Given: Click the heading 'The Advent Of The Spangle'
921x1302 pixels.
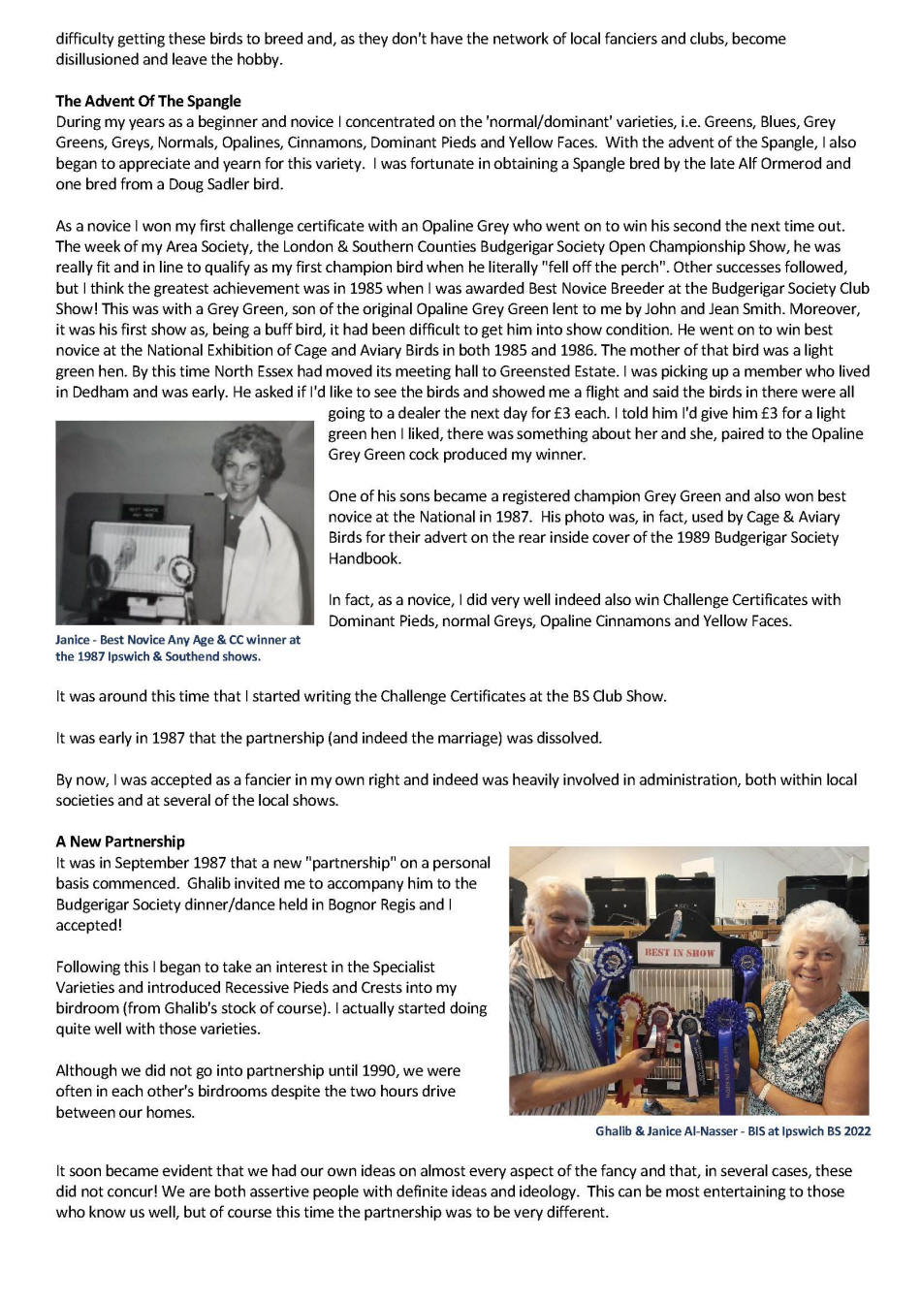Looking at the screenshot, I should (x=148, y=101).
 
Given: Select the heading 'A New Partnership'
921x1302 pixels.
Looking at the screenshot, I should (x=120, y=842).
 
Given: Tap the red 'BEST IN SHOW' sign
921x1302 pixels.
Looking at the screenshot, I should (x=679, y=952).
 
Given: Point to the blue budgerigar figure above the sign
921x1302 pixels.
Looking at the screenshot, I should (x=679, y=922).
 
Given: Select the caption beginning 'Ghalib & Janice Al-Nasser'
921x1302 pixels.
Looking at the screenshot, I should (x=733, y=1130).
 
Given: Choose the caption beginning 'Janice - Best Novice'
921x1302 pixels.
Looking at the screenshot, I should (x=177, y=648).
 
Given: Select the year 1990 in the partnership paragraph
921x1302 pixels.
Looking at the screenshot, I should (x=363, y=1070).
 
